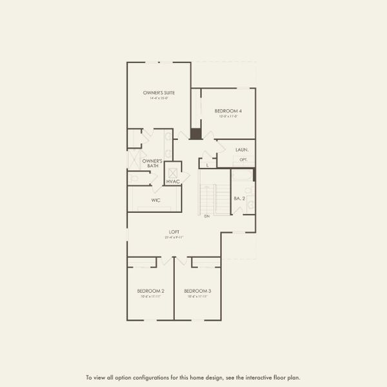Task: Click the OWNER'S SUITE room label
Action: click(x=159, y=93)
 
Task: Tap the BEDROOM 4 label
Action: click(x=228, y=111)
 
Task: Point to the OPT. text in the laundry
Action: click(x=243, y=159)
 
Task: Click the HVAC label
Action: click(x=173, y=182)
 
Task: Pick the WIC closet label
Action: click(x=155, y=201)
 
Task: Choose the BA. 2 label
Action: click(x=239, y=199)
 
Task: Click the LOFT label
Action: click(x=174, y=232)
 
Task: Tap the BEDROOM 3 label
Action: click(x=197, y=291)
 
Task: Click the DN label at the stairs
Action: click(x=207, y=216)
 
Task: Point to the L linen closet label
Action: click(x=207, y=165)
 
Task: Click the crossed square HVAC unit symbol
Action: click(x=173, y=172)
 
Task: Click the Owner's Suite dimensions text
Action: click(x=159, y=99)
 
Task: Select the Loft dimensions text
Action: click(x=174, y=237)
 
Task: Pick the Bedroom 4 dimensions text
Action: click(x=228, y=117)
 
